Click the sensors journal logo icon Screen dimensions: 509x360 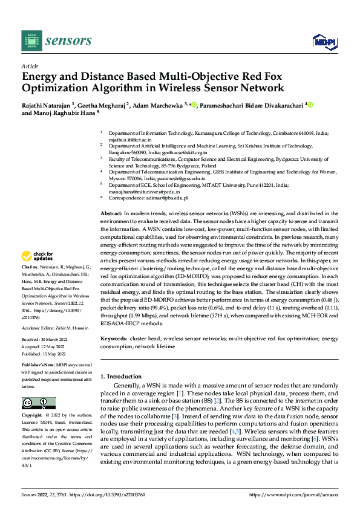click(31, 41)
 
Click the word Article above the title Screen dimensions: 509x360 click(30, 66)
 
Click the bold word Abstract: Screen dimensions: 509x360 click(111, 213)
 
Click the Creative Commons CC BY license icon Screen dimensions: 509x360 click(38, 403)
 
